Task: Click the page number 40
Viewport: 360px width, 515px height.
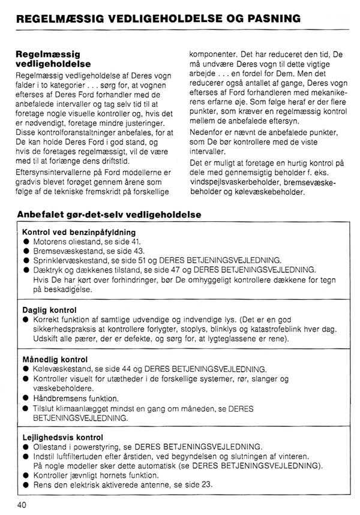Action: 22,504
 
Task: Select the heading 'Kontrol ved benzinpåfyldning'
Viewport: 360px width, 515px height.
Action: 79,232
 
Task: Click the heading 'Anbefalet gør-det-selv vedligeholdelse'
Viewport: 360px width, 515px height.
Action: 109,213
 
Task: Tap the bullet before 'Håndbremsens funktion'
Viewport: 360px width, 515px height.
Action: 26,398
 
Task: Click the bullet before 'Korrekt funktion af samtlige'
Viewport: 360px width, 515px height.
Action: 26,320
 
